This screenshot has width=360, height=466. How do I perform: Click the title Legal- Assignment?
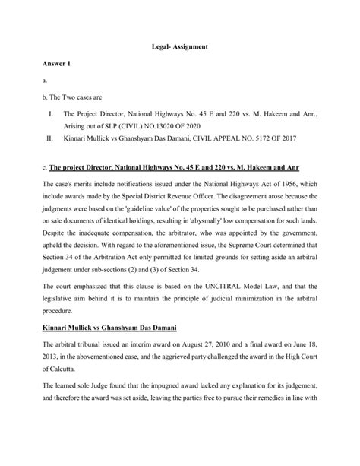(180, 47)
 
